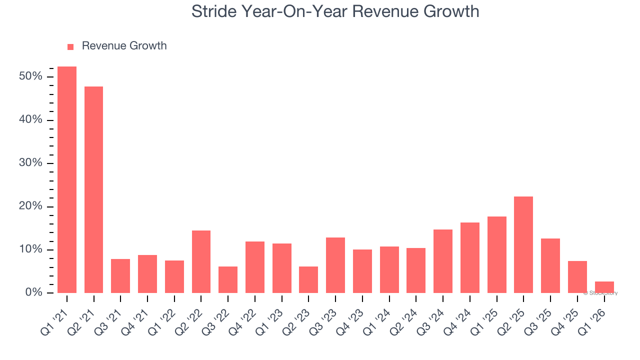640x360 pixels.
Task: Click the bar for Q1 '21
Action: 67,179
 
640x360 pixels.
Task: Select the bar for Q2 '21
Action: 93,189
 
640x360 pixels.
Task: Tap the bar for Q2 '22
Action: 201,261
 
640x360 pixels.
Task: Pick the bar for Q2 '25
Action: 523,244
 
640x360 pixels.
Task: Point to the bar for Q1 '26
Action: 604,287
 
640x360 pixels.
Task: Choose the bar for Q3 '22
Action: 228,279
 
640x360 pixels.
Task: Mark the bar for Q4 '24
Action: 470,257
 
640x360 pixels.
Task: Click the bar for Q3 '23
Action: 335,265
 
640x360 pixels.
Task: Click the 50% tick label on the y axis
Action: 30,76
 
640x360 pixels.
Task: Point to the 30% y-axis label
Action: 30,163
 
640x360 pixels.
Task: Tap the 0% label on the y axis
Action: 33,292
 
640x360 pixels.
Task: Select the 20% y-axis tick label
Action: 30,206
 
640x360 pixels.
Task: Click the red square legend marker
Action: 70,46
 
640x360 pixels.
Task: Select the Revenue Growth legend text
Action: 124,46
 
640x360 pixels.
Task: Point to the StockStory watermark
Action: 600,293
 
